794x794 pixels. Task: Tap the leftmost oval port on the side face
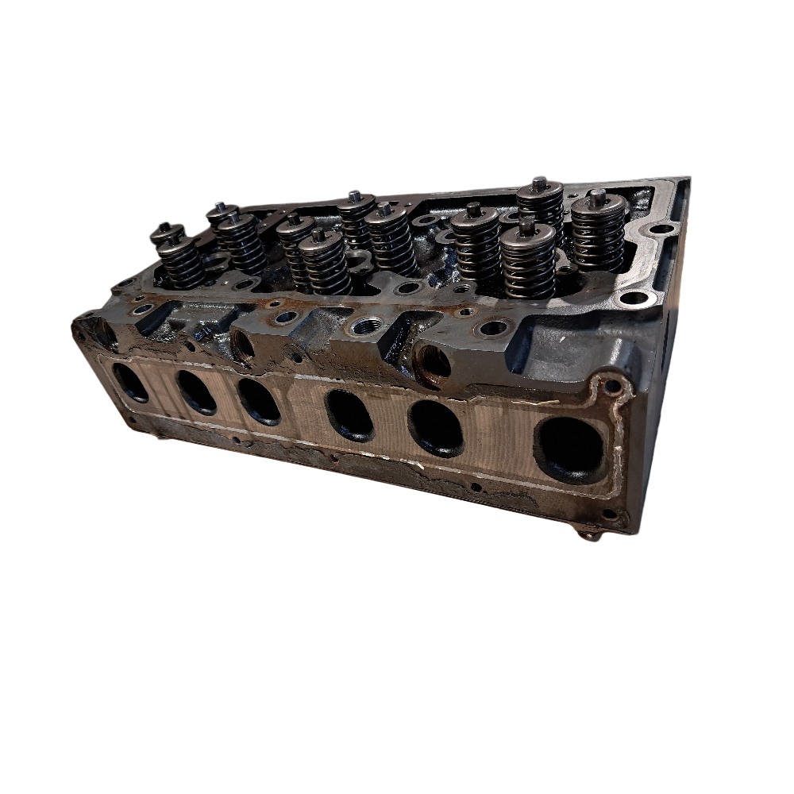pyautogui.click(x=129, y=382)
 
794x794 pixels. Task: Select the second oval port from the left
pyautogui.click(x=196, y=391)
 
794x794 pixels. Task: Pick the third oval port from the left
pyautogui.click(x=259, y=401)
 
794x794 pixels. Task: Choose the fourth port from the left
pyautogui.click(x=349, y=415)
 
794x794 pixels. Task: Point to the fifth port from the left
pyautogui.click(x=436, y=428)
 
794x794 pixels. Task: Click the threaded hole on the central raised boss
pyautogui.click(x=370, y=326)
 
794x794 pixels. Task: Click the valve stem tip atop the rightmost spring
pyautogui.click(x=597, y=195)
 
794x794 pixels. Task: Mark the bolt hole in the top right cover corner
pyautogui.click(x=659, y=229)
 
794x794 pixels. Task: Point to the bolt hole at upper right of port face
pyautogui.click(x=612, y=387)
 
